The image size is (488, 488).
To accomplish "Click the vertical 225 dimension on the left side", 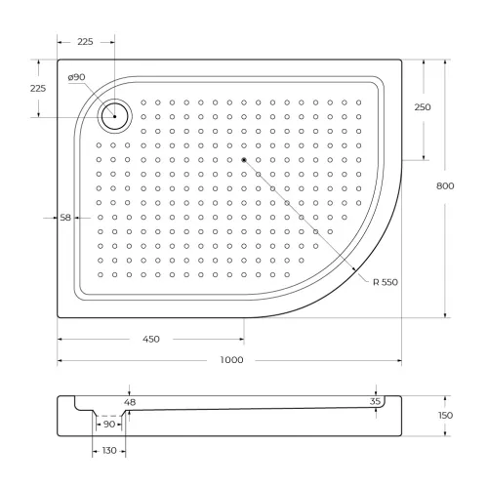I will (x=38, y=88).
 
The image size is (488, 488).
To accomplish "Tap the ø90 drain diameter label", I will (x=77, y=78).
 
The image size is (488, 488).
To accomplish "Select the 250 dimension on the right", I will (x=423, y=107).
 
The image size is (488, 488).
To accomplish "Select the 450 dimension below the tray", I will (x=151, y=339).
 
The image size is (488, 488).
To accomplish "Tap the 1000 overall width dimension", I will (x=231, y=360).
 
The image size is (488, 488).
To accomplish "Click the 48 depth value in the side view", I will (x=130, y=401).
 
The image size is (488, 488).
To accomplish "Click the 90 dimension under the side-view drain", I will (x=109, y=425).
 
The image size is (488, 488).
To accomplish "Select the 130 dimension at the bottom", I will (x=110, y=450).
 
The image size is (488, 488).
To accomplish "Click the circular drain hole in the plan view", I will (x=115, y=116).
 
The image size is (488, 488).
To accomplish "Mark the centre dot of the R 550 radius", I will (x=243, y=159).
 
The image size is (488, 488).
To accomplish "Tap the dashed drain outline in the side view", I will (x=110, y=415).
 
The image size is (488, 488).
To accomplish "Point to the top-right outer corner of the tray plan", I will (x=401, y=61).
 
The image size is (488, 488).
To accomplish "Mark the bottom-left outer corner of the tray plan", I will (x=57, y=317).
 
